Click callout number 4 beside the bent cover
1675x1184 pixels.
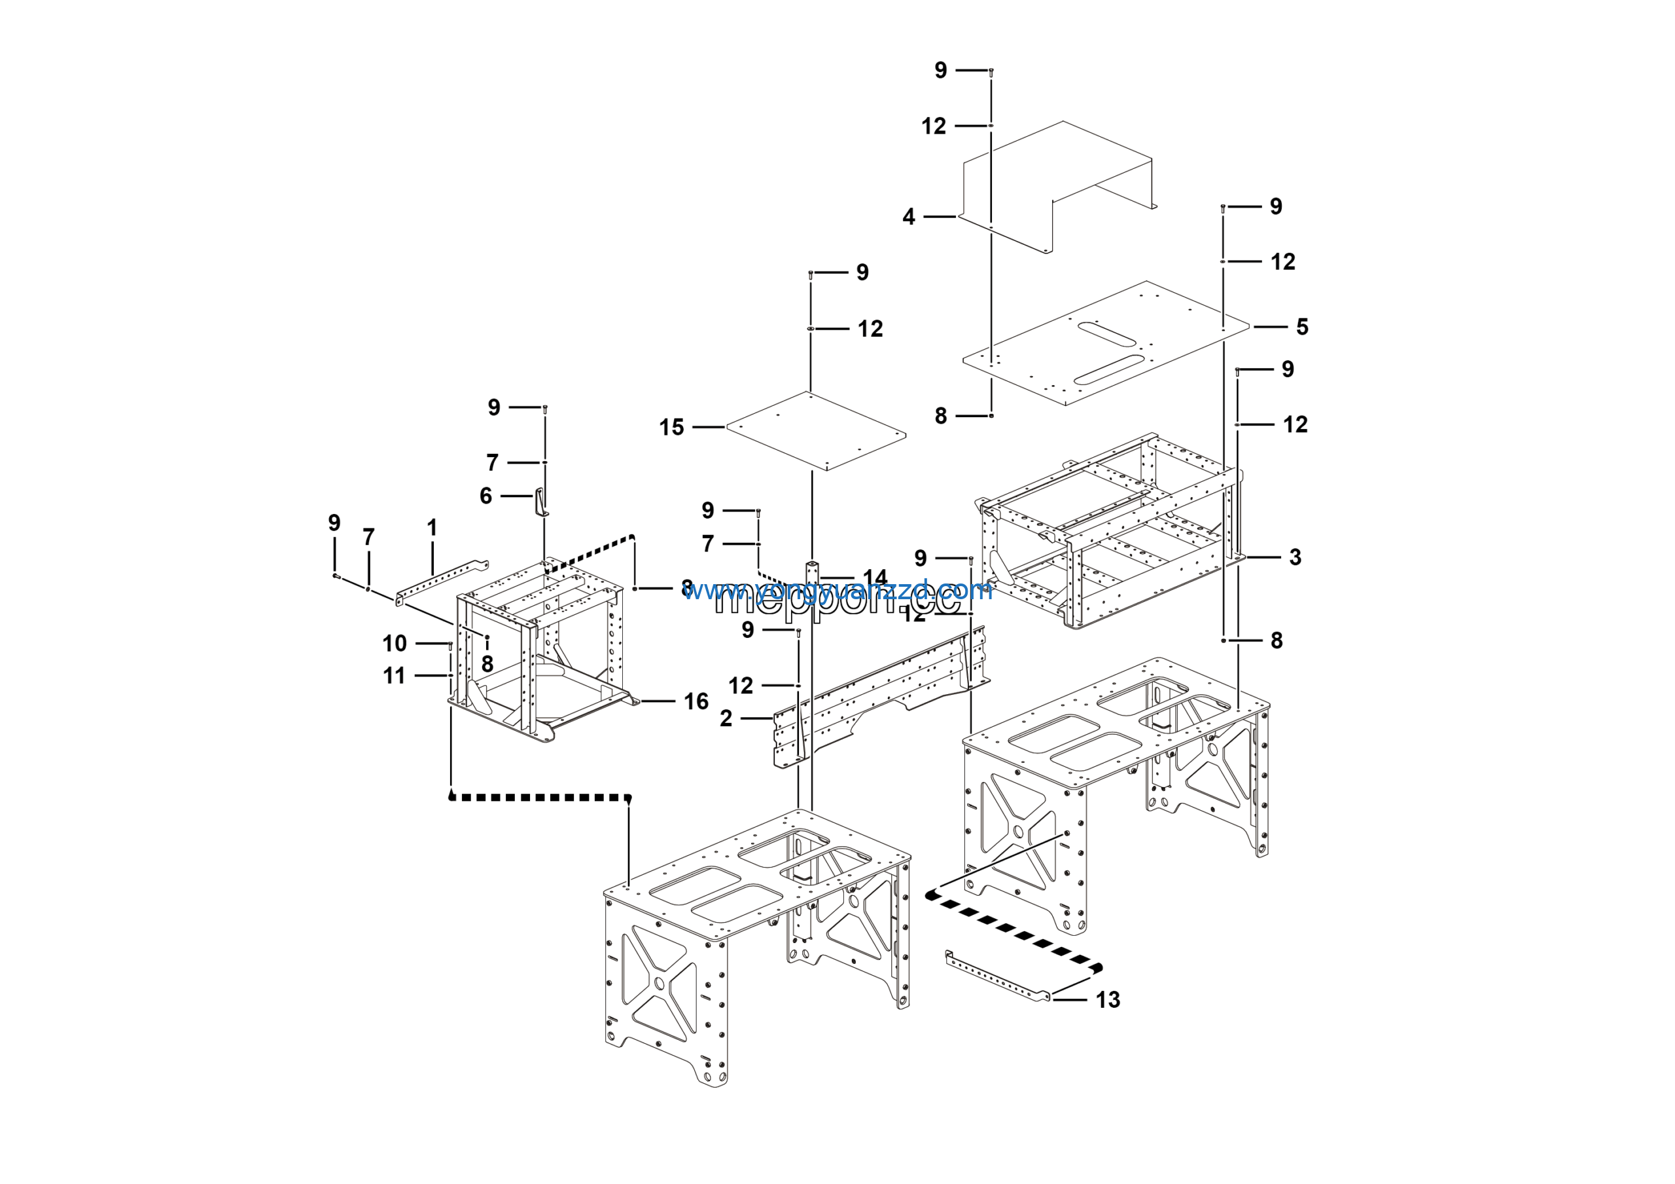tap(908, 217)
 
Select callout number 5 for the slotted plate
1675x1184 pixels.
tap(1302, 327)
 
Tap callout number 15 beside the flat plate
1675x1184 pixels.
tap(671, 427)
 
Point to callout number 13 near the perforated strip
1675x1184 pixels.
tap(1108, 999)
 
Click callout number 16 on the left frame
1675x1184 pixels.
tap(696, 701)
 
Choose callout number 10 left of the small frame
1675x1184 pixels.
tap(395, 643)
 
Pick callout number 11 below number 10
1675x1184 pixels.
tap(394, 676)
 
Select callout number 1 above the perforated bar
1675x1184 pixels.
tap(432, 527)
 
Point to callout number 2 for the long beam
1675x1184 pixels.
tap(726, 718)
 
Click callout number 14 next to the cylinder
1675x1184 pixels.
tap(875, 578)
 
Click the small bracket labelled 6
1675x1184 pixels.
tap(541, 503)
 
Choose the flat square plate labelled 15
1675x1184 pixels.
tap(816, 431)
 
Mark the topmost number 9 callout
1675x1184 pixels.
tap(941, 70)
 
